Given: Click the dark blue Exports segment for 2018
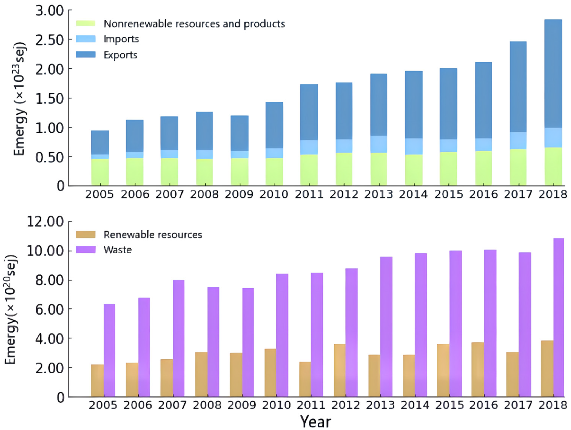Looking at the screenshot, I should click(553, 74).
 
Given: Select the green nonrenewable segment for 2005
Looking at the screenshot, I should click(100, 172).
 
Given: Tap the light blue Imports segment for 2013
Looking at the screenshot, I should click(378, 144).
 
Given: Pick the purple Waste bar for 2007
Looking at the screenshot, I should click(179, 338).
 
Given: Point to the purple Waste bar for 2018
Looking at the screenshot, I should click(559, 317).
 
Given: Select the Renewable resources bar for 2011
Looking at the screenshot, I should click(305, 379).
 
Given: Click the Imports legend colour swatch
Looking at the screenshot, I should click(86, 39).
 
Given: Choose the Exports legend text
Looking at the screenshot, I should click(120, 55).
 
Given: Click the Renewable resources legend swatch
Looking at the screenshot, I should click(86, 234).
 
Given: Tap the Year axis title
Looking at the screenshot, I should click(315, 422).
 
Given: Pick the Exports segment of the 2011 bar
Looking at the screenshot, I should click(309, 112).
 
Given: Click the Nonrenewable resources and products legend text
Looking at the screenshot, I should click(194, 24).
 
